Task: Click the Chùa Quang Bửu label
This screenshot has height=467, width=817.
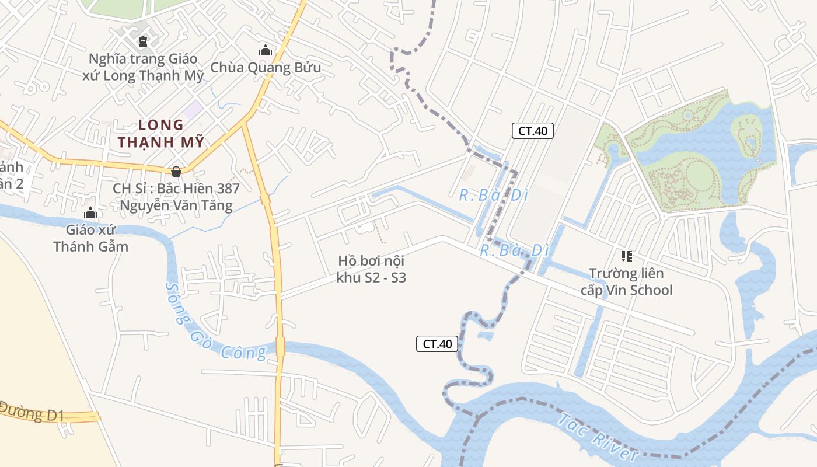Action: [x=266, y=67]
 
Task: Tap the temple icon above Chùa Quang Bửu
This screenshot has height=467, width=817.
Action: [x=266, y=51]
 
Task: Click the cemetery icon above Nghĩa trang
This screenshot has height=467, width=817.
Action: [x=142, y=41]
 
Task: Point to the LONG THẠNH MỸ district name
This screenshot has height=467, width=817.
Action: [x=161, y=133]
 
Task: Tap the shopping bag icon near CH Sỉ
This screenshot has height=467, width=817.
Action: [x=176, y=171]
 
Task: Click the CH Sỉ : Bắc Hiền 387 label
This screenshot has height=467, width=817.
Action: [x=176, y=189]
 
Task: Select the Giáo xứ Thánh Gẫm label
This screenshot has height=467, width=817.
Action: [x=90, y=238]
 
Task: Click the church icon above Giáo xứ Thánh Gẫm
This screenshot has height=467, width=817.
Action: [x=90, y=212]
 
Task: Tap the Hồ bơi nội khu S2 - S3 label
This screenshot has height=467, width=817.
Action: [x=371, y=269]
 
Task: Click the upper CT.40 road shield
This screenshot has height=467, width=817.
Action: [x=532, y=131]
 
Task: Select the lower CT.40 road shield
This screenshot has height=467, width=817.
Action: [x=437, y=344]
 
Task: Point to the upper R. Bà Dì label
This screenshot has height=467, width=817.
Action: [x=493, y=196]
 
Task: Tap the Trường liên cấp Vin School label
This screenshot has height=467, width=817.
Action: [x=626, y=281]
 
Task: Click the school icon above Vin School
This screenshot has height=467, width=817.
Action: [x=627, y=256]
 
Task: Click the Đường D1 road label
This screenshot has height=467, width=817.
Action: [x=32, y=412]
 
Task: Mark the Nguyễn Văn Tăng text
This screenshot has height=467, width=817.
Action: [x=176, y=205]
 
